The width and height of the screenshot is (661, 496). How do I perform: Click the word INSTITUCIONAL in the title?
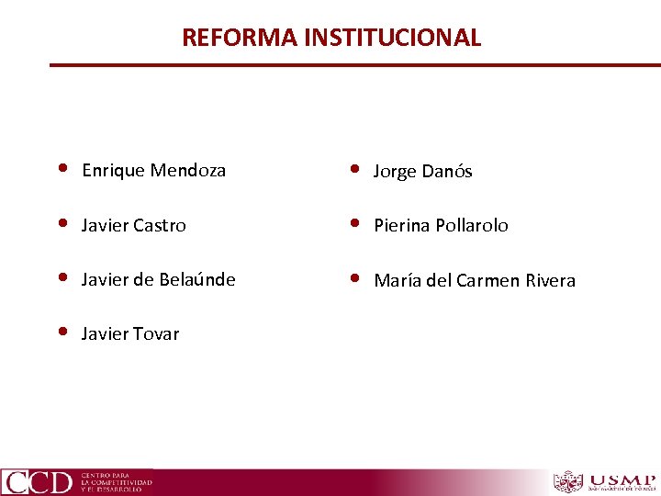coord(393,38)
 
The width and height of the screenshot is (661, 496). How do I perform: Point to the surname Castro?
coord(161,225)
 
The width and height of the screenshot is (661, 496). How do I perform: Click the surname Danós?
coord(447,172)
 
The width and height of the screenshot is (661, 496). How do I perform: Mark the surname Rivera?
coord(550,280)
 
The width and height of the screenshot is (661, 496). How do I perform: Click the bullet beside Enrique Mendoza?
coord(61,168)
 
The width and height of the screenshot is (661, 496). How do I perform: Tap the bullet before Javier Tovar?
coord(61,331)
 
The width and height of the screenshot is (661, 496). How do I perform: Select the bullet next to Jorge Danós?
coord(353,169)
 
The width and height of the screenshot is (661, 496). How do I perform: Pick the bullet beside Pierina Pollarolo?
coord(353,223)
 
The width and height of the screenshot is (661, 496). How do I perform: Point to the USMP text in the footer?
coord(622,479)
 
